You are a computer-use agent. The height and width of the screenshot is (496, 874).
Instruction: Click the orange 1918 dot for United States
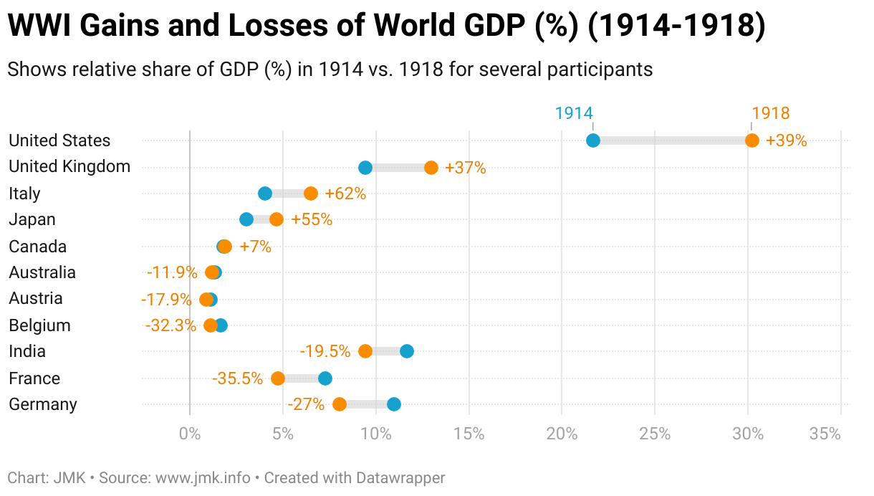[x=752, y=140]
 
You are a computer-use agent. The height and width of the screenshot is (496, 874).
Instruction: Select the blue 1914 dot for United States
[x=593, y=140]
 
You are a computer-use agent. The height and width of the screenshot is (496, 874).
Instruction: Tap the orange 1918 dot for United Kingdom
[x=431, y=168]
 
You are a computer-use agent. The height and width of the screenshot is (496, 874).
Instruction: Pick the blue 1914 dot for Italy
[x=265, y=194]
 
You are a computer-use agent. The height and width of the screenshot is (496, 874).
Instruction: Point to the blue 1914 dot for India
[x=407, y=351]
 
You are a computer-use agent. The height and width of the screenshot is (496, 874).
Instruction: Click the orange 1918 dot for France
[x=278, y=378]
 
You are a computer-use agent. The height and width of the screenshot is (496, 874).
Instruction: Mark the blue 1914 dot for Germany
[x=394, y=404]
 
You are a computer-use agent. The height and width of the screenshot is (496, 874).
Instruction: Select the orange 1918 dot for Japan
[x=277, y=219]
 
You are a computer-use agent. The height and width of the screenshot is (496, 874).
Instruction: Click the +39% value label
[x=787, y=140]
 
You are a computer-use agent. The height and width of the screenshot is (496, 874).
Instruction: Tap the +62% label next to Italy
[x=345, y=194]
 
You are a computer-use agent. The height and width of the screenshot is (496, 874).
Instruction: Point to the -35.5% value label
[x=237, y=378]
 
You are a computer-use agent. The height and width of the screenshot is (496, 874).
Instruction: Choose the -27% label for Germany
[x=306, y=404]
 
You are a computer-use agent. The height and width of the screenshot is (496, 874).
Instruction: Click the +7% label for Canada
[x=256, y=247]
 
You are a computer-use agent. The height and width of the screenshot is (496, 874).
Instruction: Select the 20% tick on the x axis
[x=562, y=434]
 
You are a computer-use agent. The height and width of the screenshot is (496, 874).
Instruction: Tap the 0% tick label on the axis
[x=190, y=434]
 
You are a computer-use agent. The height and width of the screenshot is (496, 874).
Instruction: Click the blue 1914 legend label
[x=574, y=113]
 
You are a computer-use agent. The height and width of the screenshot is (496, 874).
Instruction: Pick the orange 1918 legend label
[x=771, y=113]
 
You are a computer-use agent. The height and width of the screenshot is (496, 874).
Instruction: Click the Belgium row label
[x=39, y=325]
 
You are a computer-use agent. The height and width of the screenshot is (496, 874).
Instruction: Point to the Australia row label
[x=42, y=272]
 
